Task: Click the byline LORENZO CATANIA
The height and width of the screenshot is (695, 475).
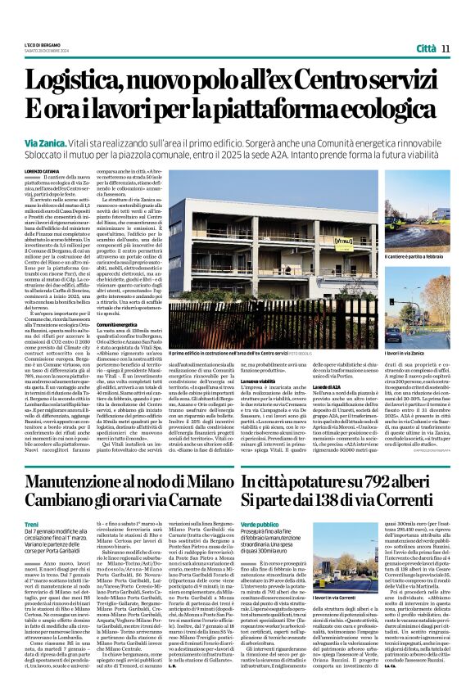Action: point(42,170)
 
